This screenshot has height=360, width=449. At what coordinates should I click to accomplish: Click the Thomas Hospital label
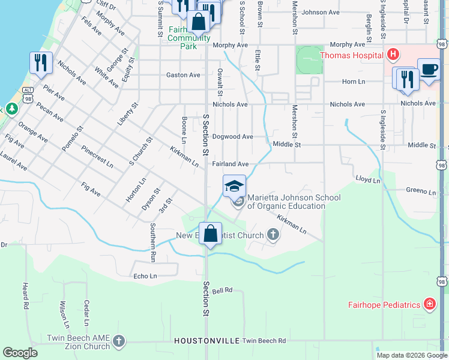pos(351,56)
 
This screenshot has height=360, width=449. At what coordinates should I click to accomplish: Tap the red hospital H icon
pos(393,56)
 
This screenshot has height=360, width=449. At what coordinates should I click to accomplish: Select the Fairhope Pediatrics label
pos(384,305)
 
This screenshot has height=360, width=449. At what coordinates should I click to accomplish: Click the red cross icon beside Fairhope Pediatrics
pos(430,305)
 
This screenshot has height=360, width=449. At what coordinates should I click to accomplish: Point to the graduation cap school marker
pos(235,186)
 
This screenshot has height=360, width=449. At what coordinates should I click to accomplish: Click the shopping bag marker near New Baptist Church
pos(210,234)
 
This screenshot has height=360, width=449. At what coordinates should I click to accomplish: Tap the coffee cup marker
pos(429,70)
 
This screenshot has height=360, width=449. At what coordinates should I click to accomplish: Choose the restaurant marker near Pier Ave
pos(40,63)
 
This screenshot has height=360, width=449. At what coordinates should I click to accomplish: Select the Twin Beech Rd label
pos(264,341)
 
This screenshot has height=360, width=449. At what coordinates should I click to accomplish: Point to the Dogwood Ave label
pos(232,137)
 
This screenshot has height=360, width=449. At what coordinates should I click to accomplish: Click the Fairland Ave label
pos(230,164)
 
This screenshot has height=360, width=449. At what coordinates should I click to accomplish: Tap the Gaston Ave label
pos(183,75)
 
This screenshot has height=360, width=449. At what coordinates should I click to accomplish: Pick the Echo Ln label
pos(145,276)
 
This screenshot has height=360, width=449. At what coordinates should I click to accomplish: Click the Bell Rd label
pos(221,291)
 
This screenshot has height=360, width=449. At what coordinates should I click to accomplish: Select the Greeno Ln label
pos(420,192)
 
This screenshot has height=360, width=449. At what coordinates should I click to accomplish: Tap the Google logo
pos(20,353)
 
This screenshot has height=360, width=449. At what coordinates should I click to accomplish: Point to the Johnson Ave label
pos(321,12)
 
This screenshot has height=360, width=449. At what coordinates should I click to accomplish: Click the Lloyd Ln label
pos(368,179)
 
